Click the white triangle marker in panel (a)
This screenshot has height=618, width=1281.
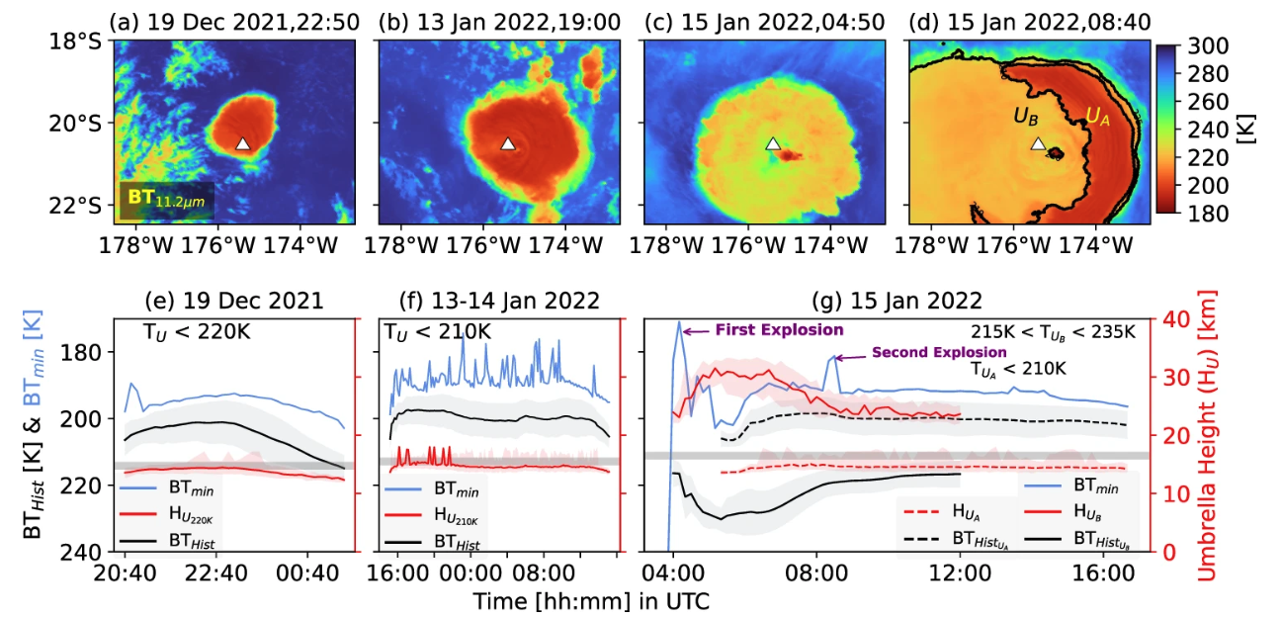tap(243, 143)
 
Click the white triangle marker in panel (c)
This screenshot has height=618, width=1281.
tap(773, 143)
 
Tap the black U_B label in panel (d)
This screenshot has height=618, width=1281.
tap(1025, 118)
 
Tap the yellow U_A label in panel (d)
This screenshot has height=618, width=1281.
tap(1097, 116)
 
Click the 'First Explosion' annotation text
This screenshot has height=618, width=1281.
tap(779, 329)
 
